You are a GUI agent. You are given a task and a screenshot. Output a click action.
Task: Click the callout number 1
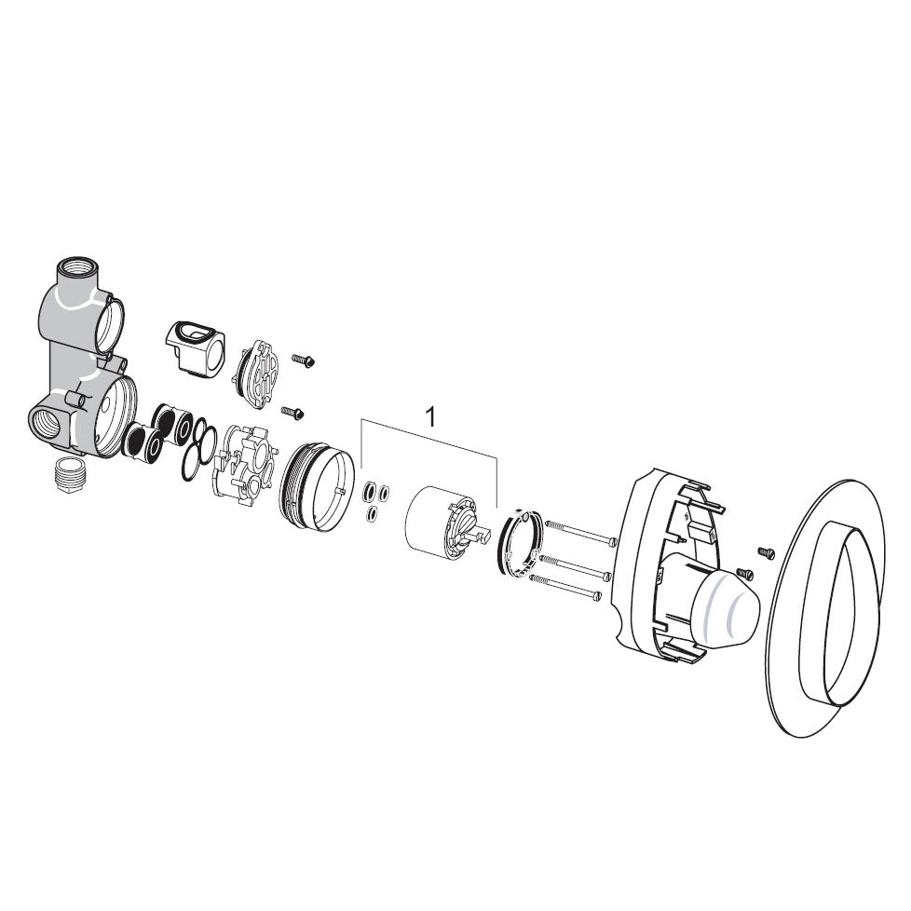[430, 416]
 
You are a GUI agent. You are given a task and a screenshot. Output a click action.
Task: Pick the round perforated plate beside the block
[257, 368]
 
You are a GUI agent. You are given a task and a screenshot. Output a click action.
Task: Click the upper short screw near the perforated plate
[304, 360]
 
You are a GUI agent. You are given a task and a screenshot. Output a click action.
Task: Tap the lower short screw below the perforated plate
[292, 413]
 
